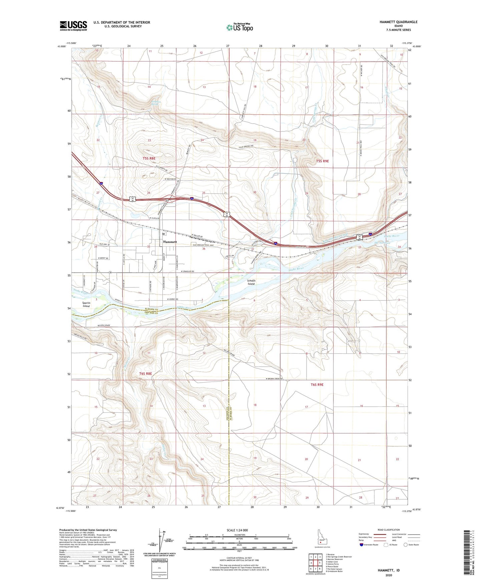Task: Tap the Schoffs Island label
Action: [251, 282]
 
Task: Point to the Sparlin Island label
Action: [86, 304]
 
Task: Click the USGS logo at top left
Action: [73, 26]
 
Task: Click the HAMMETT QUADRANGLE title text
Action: [398, 22]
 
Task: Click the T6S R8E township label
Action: [145, 374]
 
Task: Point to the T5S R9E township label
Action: [322, 161]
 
